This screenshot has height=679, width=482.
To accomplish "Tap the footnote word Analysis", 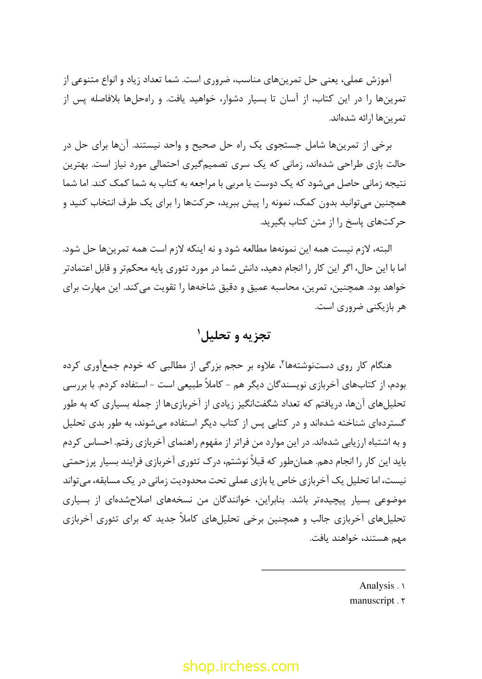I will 376,585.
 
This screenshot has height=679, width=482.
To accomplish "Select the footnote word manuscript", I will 372,600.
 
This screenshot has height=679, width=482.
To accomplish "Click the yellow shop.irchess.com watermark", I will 241,666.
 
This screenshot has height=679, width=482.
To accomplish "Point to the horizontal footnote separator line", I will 334,570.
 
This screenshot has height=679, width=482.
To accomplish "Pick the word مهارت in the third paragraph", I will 107,288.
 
